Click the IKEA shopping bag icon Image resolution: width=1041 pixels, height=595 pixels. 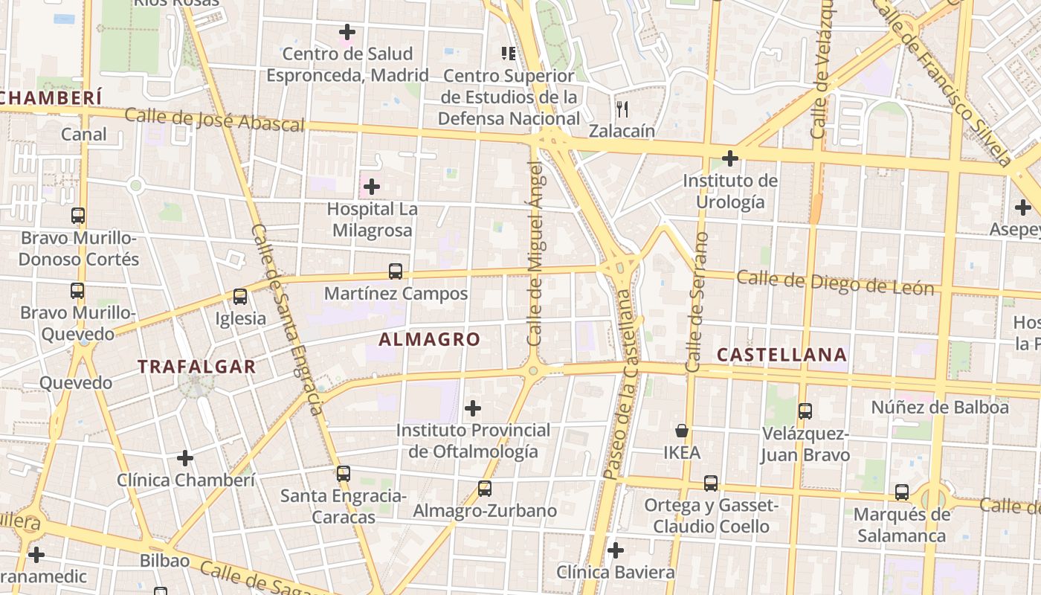681,431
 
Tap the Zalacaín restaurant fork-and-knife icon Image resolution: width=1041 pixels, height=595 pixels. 622,109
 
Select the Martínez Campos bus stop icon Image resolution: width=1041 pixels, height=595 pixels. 396,271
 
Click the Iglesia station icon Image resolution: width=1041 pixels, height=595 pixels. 239,297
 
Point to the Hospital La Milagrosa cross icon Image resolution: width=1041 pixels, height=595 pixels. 372,187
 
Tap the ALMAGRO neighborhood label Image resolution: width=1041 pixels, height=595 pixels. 430,340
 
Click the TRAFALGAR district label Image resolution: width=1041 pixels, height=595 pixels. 197,367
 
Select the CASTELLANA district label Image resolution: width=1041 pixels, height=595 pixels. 781,356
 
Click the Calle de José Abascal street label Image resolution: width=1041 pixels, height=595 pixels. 214,120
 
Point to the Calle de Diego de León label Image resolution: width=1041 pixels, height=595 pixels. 834,283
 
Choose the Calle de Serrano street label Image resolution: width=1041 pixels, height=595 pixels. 695,302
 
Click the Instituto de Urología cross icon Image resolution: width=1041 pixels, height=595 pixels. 730,158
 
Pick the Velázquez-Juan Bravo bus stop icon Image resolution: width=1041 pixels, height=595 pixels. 805,411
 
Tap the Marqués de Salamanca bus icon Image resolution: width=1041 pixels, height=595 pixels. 901,492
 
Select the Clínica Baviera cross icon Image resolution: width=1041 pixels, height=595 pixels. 615,550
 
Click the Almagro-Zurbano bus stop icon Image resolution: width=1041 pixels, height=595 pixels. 485,489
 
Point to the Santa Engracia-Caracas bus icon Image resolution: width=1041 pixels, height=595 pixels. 343,474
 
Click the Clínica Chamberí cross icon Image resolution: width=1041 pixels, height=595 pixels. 185,458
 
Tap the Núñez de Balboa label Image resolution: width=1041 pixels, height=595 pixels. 940,408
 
